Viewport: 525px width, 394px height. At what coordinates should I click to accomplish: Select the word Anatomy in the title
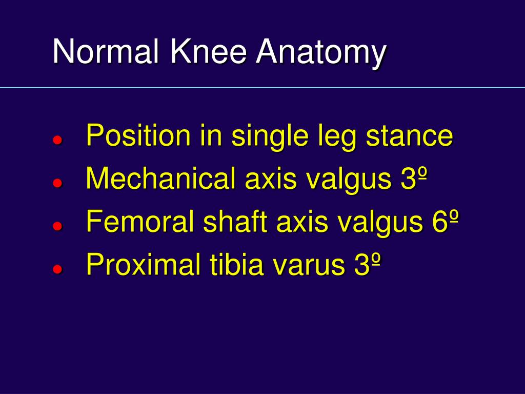(x=321, y=53)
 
